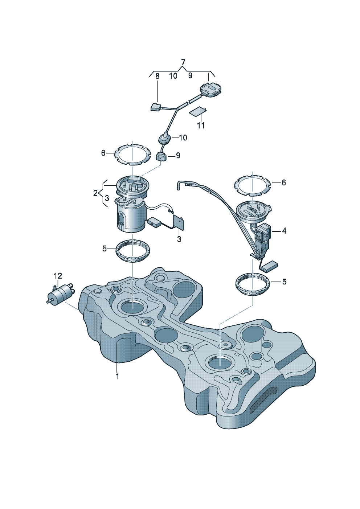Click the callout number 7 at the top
coord(183,62)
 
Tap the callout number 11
coord(201,125)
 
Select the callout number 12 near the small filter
coord(58,276)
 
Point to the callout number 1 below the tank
coord(117,377)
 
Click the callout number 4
coord(284,231)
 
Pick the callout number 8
coord(157,76)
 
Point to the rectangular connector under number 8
coord(156,106)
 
